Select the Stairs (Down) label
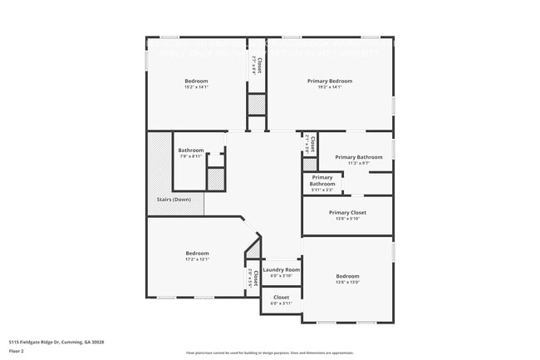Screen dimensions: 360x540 click(x=174, y=200)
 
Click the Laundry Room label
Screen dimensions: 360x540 click(x=281, y=269)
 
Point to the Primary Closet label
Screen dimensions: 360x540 click(x=347, y=212)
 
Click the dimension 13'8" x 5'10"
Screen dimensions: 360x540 click(x=347, y=219)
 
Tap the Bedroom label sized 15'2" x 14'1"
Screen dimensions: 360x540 click(x=197, y=81)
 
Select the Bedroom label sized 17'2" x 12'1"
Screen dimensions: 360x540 click(x=197, y=253)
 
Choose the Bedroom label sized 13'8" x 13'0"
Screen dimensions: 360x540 click(x=347, y=276)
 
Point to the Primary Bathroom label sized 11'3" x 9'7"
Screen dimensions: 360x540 click(x=359, y=157)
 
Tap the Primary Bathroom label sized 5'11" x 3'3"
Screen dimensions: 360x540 click(x=322, y=180)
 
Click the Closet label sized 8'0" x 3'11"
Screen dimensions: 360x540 click(x=282, y=297)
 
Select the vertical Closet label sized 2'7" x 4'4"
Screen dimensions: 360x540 click(x=258, y=64)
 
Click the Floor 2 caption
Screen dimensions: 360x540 click(x=17, y=352)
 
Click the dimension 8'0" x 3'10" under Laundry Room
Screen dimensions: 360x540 click(x=281, y=276)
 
